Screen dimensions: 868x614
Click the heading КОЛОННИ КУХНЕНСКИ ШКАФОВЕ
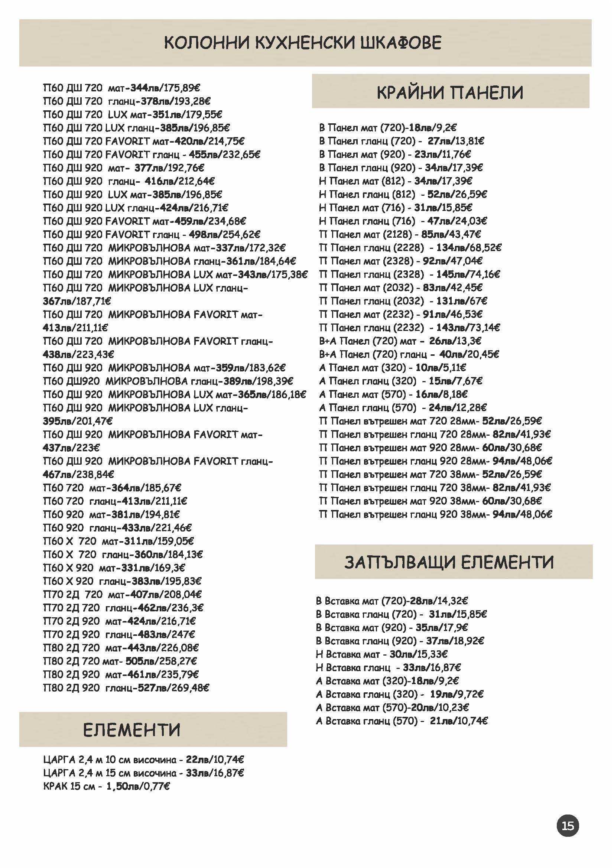click(303, 43)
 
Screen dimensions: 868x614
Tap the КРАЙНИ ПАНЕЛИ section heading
click(450, 92)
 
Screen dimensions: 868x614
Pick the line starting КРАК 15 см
click(106, 786)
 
